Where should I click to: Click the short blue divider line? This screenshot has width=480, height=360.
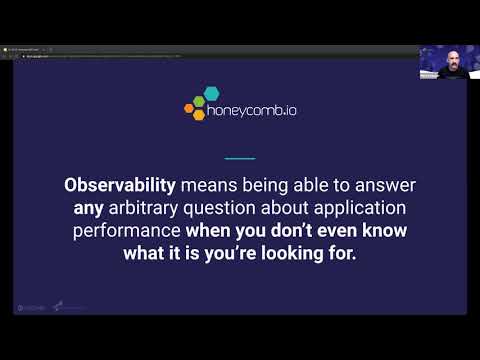pos(240,158)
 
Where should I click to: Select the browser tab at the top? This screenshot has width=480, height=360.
pos(30,49)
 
